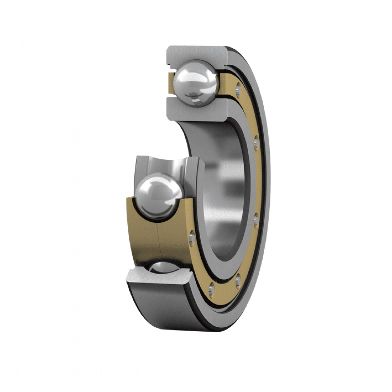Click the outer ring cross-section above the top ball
[x=196, y=54]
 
